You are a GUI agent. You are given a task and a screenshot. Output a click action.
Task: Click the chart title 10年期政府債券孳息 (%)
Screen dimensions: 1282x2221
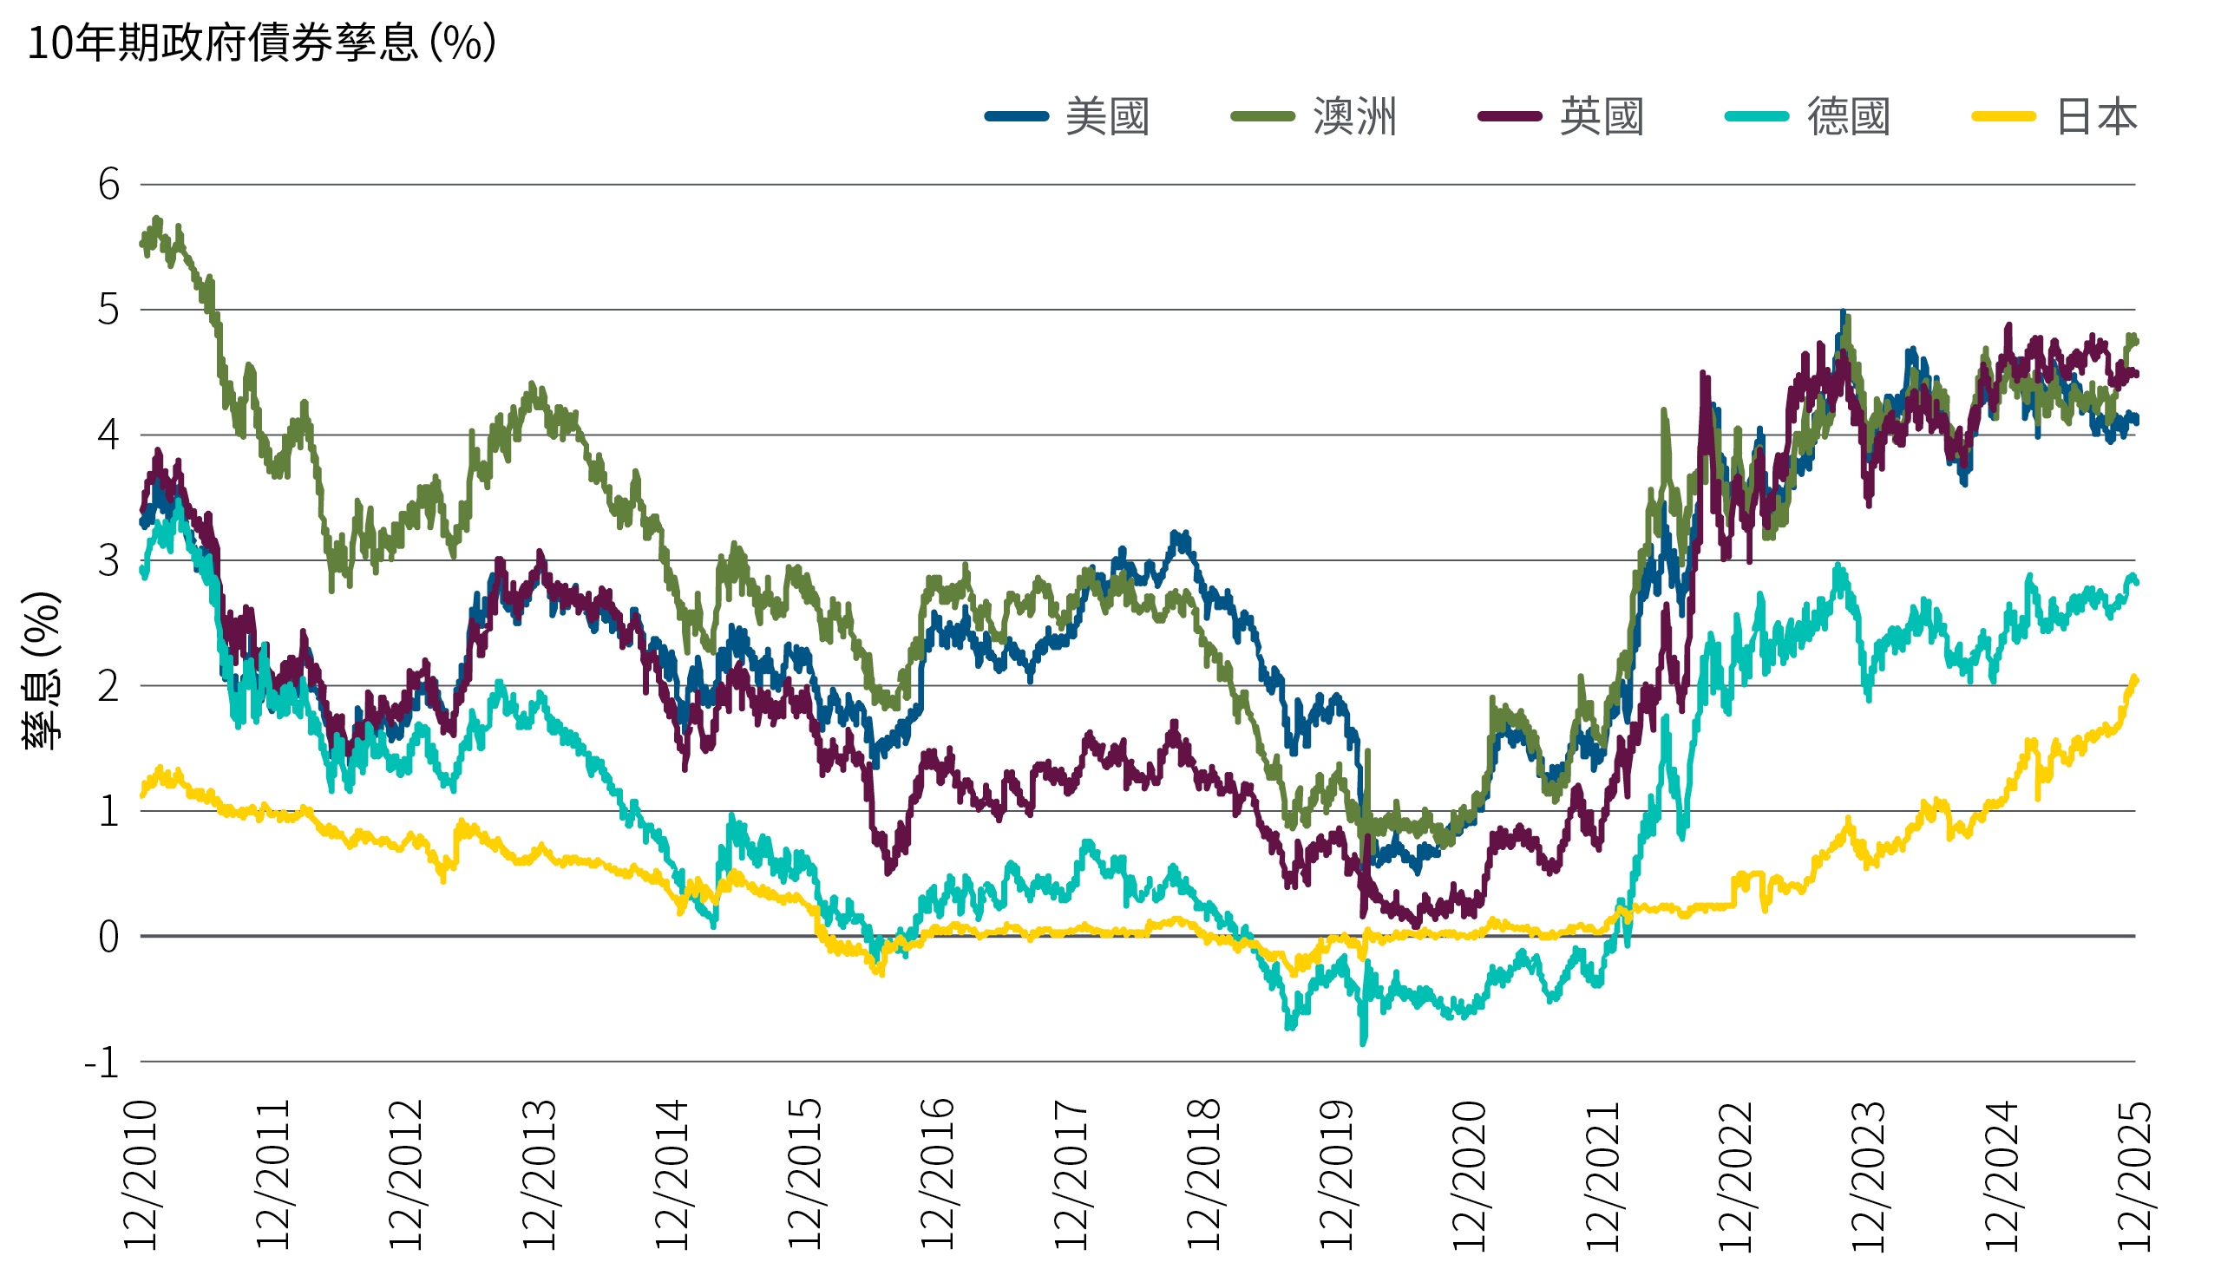pos(262,43)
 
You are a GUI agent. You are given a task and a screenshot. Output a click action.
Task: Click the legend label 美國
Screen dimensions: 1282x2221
pos(1107,117)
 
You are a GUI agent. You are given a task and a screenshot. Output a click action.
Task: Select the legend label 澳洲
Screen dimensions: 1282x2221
pos(1354,117)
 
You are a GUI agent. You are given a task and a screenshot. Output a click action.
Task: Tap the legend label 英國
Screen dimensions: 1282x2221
pos(1601,117)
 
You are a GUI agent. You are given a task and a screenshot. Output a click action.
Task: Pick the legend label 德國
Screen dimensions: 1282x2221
pos(1849,117)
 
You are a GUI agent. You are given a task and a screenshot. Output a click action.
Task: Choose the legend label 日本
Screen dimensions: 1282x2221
pos(2096,117)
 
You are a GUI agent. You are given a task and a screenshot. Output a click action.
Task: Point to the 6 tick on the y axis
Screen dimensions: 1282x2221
pos(108,185)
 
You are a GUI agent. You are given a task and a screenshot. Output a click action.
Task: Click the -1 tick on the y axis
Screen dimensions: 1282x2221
pos(102,1063)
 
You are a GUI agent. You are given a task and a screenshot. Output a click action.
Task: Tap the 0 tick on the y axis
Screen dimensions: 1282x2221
pos(108,938)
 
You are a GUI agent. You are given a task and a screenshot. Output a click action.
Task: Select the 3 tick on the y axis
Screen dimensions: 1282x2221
pos(108,561)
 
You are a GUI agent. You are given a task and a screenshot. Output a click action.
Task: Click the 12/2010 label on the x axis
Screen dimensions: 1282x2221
pos(140,1174)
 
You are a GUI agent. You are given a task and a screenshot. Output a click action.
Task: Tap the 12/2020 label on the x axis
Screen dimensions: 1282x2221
pos(1469,1174)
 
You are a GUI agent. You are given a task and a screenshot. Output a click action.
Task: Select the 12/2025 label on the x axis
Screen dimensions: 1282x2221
pos(2135,1174)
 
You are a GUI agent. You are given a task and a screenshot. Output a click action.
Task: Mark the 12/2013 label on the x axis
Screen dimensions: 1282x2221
pos(539,1174)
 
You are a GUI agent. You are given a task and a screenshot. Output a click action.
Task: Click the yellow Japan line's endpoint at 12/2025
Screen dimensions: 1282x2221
pos(2135,679)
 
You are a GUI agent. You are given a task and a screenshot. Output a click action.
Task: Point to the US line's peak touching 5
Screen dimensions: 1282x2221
pos(1843,312)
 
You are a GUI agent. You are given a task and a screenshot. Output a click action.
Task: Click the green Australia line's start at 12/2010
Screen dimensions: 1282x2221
pos(142,242)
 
